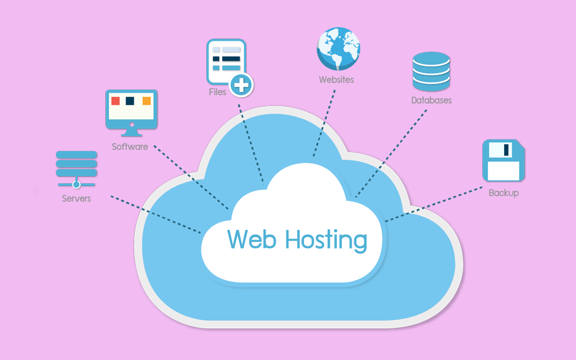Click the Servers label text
pyautogui.click(x=77, y=199)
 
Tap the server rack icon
pyautogui.click(x=77, y=168)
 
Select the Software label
pyautogui.click(x=130, y=146)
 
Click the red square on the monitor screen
pyautogui.click(x=115, y=101)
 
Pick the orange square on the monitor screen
pyautogui.click(x=146, y=101)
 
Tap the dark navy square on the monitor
pyautogui.click(x=130, y=101)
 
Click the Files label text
pyautogui.click(x=217, y=92)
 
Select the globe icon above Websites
pyautogui.click(x=338, y=49)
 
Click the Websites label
pyautogui.click(x=336, y=79)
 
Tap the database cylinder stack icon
pyautogui.click(x=431, y=71)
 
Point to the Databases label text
pyautogui.click(x=431, y=100)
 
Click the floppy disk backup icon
pyautogui.click(x=503, y=161)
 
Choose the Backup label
pyautogui.click(x=503, y=193)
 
